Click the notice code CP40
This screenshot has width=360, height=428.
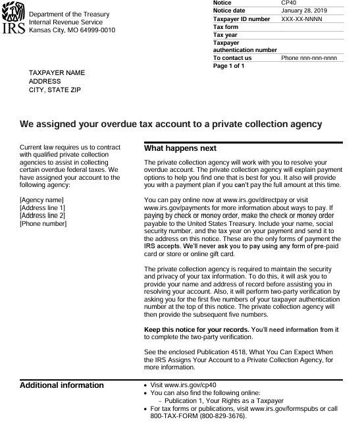(290, 3)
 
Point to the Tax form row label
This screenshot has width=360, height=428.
(226, 27)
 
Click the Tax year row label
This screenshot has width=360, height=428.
(224, 35)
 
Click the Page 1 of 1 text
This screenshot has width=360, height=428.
(229, 66)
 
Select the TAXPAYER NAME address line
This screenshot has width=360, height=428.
(57, 72)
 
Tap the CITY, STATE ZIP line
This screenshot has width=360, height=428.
(55, 90)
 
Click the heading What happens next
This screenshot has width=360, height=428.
(180, 148)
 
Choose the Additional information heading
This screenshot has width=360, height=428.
(62, 385)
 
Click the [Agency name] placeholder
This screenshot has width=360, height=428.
(41, 200)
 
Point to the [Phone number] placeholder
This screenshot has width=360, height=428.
(43, 223)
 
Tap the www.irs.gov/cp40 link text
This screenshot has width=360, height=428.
(189, 385)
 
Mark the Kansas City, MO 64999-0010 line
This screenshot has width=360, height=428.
(72, 30)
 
